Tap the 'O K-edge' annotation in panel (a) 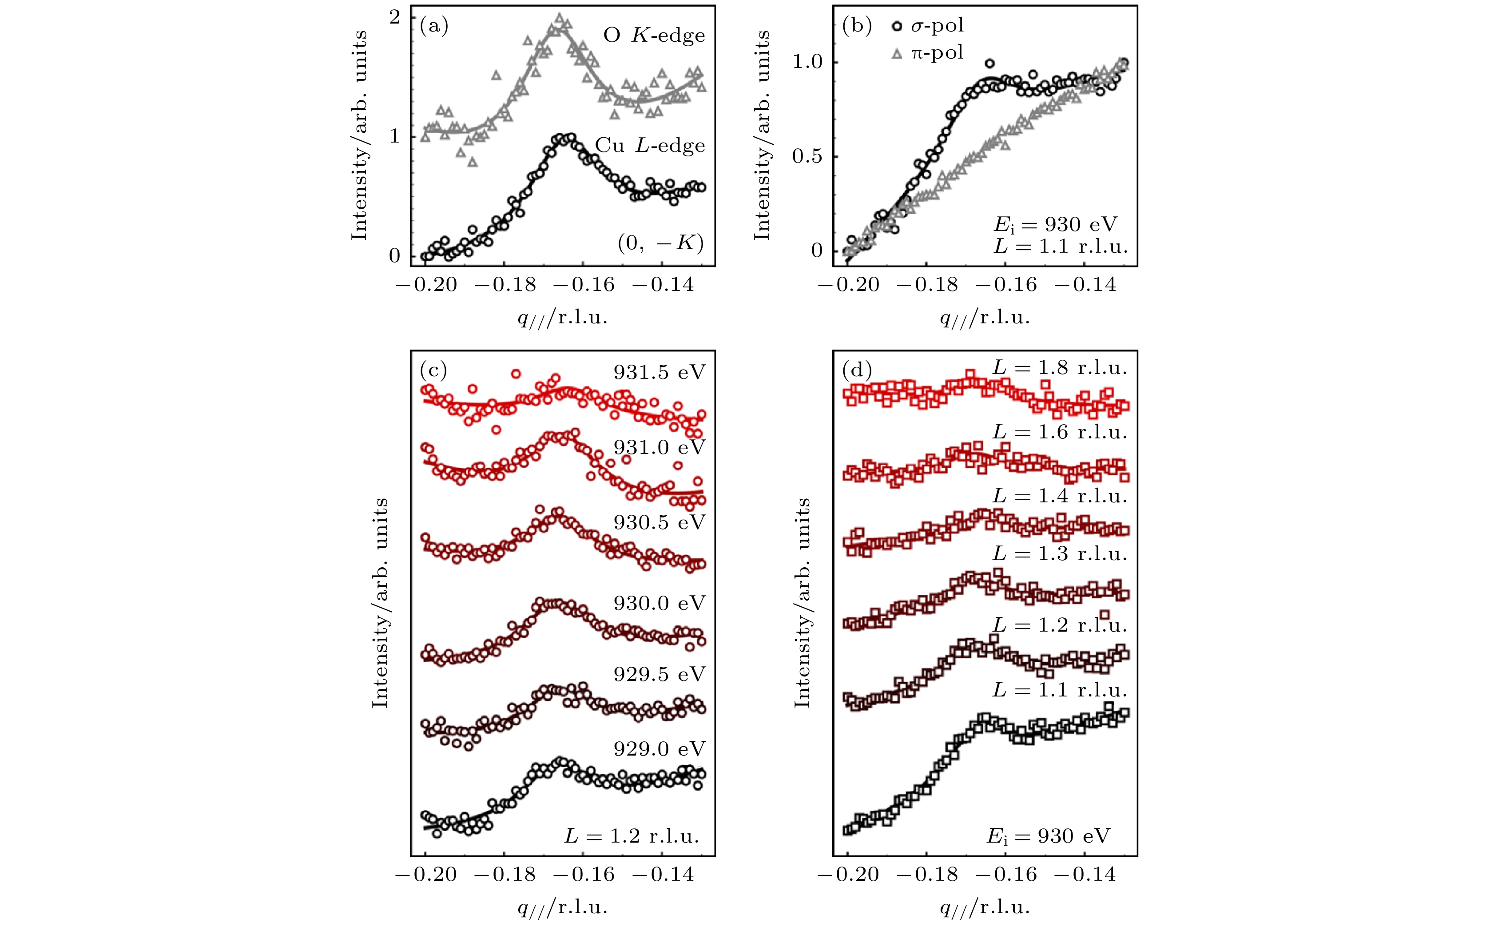654,36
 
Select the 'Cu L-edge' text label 650,146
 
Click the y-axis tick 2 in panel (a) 395,17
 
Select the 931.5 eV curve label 660,373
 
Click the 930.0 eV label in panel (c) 660,603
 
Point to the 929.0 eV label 660,748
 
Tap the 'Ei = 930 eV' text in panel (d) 1048,837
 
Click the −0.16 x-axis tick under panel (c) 584,874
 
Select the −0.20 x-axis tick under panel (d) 848,874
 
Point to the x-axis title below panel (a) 563,318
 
